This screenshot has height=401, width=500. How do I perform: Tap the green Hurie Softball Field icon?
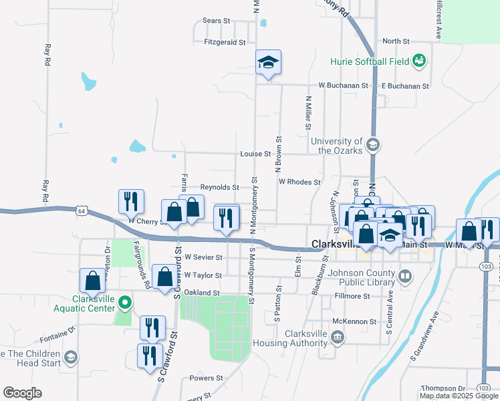tap(419, 61)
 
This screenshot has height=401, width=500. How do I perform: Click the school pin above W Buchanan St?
tap(269, 63)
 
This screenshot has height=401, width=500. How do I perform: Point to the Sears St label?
tap(216, 21)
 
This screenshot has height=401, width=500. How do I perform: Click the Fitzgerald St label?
tap(225, 42)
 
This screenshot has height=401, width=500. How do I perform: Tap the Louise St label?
tap(255, 154)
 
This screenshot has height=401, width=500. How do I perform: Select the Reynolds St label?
tap(220, 188)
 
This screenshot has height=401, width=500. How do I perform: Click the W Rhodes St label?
tap(299, 181)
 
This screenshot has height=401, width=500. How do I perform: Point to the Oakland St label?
tap(202, 293)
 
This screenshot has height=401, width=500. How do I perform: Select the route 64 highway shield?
tap(81, 211)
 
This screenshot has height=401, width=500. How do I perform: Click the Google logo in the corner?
tap(22, 393)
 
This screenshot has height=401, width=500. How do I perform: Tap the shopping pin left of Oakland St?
tap(164, 276)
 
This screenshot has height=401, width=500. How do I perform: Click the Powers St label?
tap(201, 378)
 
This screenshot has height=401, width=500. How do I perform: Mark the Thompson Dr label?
tap(443, 388)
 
